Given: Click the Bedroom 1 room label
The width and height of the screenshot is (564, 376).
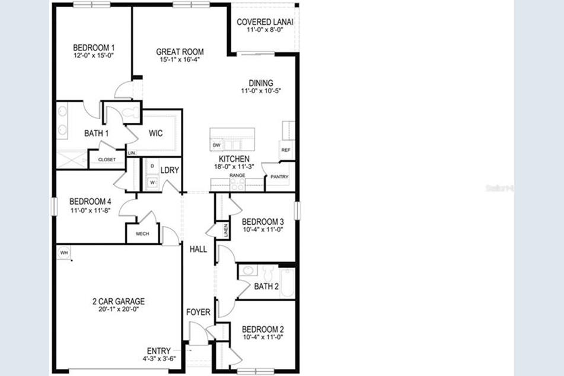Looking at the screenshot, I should click(x=94, y=47).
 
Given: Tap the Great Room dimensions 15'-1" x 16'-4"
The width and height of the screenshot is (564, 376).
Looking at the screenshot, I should click(x=180, y=59).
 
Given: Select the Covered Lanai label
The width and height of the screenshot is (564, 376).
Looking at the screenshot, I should click(x=265, y=22).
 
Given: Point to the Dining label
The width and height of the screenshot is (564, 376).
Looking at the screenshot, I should click(x=260, y=83).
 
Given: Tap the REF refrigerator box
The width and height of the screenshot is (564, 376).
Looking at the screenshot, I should click(x=286, y=150).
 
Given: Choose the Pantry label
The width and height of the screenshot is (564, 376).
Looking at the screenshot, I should click(x=278, y=177).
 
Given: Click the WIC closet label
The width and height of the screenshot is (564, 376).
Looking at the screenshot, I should click(x=155, y=133).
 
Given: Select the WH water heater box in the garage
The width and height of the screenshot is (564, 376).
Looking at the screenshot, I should click(x=63, y=253).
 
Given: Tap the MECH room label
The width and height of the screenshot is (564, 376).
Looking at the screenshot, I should click(x=142, y=234).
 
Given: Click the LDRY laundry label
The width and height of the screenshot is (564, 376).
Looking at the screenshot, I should click(x=170, y=170).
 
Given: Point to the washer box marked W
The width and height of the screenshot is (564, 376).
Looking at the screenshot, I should click(x=152, y=182).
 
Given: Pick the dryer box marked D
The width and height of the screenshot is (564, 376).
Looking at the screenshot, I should click(x=152, y=166).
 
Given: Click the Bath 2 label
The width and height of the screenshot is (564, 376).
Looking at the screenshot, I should click(x=266, y=287).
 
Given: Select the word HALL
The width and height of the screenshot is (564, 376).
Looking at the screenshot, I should click(x=198, y=249).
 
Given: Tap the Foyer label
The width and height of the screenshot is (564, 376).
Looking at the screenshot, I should click(x=198, y=313).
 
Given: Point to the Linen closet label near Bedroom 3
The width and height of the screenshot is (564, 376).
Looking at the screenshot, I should click(x=226, y=230).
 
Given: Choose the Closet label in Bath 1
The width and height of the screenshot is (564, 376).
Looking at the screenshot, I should click(x=107, y=160).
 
